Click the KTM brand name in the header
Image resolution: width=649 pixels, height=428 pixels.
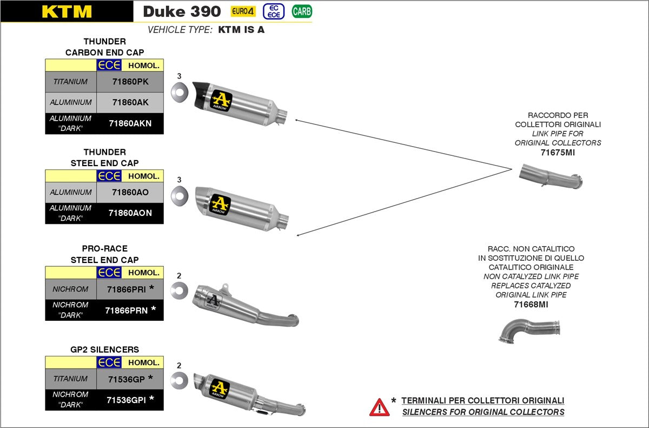point(67,11)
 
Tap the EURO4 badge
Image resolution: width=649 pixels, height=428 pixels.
point(243,11)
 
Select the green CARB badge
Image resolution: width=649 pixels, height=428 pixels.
point(302,11)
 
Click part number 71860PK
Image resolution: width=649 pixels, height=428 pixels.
point(130,82)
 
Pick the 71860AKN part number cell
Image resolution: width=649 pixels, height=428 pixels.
point(130,123)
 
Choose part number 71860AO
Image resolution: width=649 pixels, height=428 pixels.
point(130,192)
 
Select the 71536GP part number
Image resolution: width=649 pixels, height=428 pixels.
point(126,379)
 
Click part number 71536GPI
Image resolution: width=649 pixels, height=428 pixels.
point(126,400)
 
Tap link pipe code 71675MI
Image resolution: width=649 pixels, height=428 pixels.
point(558,153)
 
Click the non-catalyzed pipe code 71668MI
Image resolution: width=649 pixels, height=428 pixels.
point(531,305)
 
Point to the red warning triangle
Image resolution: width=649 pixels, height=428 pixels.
point(379,407)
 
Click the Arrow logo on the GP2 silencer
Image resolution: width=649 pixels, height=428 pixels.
point(220,389)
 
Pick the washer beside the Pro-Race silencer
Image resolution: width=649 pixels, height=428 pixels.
point(179,291)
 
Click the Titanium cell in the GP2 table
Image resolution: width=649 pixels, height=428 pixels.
point(70,379)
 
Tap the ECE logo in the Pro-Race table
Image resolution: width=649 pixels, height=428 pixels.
point(109,273)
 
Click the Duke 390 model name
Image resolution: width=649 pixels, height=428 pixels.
point(182,11)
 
